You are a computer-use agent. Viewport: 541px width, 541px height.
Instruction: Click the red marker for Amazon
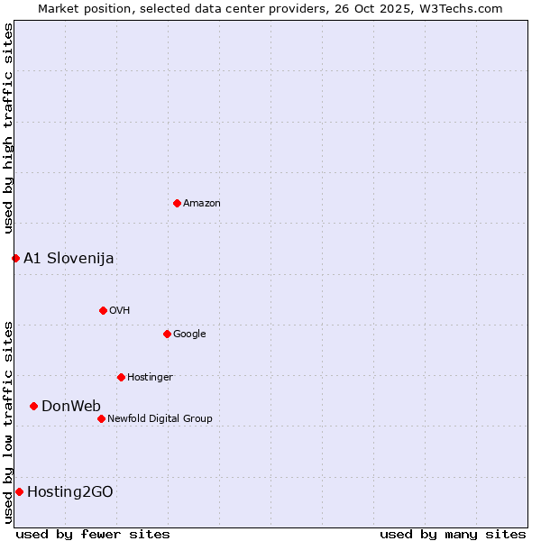click(x=177, y=203)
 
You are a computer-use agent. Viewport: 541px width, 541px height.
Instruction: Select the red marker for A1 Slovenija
click(x=15, y=258)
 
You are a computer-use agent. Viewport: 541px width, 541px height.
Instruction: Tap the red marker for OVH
click(x=103, y=310)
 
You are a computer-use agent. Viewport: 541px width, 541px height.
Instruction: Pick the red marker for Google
click(x=167, y=334)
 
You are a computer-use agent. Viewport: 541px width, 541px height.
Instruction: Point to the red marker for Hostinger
click(x=121, y=377)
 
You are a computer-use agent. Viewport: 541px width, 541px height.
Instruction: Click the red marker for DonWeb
click(x=33, y=406)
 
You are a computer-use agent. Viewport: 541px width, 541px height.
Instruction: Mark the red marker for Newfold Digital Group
click(x=101, y=418)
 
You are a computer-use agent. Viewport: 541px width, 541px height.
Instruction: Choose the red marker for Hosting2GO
click(x=19, y=491)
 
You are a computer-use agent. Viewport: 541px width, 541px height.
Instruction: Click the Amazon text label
click(x=202, y=203)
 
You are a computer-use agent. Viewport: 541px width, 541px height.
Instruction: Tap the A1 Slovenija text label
click(x=69, y=258)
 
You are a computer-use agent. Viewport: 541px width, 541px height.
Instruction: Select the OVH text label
click(x=120, y=310)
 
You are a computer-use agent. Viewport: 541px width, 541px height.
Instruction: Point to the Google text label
click(x=189, y=334)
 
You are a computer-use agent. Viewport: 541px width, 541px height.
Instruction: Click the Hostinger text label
click(x=150, y=377)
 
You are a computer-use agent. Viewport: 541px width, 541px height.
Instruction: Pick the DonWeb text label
click(x=71, y=406)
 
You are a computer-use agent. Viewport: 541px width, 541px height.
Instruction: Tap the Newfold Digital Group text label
click(x=160, y=418)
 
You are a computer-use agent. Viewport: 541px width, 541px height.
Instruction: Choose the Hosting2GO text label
click(x=70, y=491)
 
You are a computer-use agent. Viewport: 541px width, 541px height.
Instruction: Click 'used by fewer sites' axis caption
click(x=93, y=534)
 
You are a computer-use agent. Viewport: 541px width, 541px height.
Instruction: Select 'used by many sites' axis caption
click(x=453, y=534)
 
